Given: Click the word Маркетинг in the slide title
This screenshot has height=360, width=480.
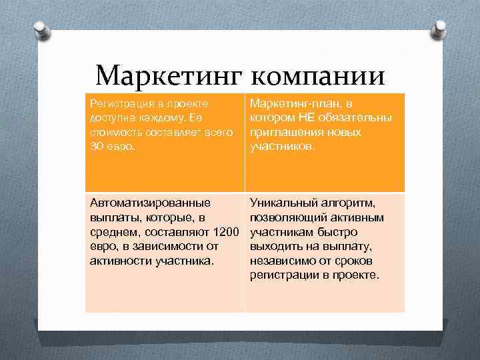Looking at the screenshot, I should (169, 75).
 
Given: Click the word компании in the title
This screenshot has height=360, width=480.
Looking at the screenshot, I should (319, 75).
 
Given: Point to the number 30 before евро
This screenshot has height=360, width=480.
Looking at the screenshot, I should (97, 146).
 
